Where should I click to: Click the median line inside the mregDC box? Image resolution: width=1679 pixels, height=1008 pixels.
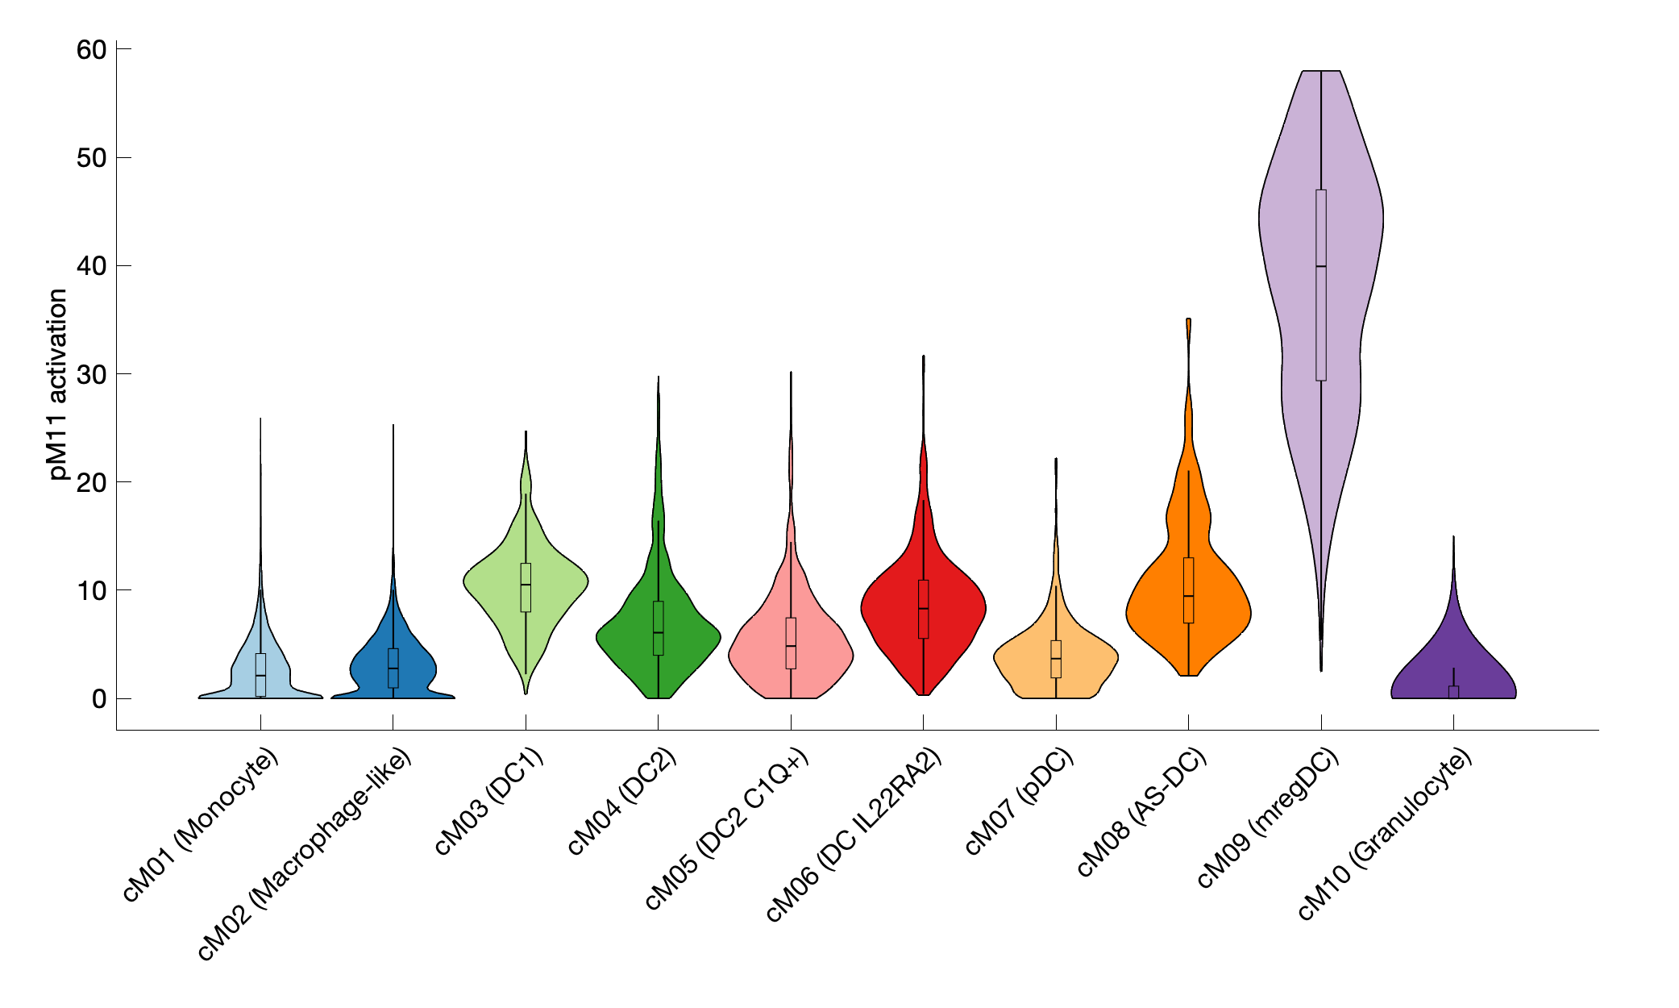pyautogui.click(x=1320, y=266)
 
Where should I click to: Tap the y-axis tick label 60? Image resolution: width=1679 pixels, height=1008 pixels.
pyautogui.click(x=91, y=50)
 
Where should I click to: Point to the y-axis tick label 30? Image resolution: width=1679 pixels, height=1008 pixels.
pyautogui.click(x=91, y=374)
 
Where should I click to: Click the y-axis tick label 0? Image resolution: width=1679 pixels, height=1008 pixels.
pyautogui.click(x=99, y=699)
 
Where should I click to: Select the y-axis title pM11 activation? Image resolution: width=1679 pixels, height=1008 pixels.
pyautogui.click(x=57, y=385)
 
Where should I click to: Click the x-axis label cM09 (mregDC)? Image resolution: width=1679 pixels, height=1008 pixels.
pyautogui.click(x=1268, y=818)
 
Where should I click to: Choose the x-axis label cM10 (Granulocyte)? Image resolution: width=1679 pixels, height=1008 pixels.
pyautogui.click(x=1385, y=834)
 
